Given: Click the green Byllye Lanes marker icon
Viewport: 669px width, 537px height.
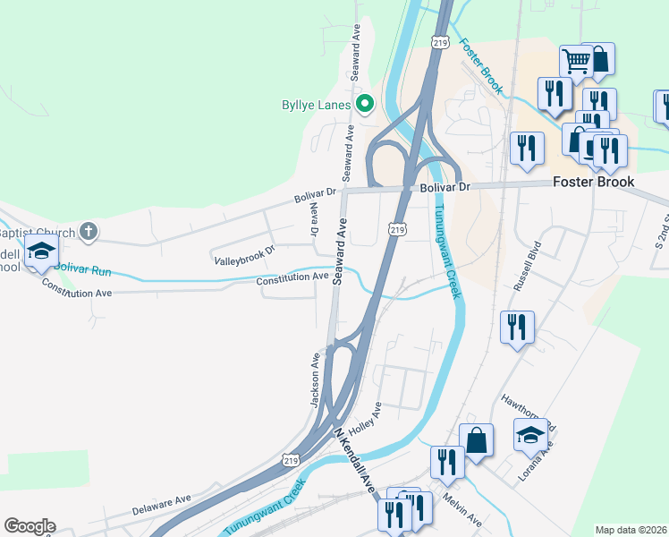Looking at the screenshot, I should tap(364, 106).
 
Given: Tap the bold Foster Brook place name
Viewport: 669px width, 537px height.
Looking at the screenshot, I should tap(593, 182).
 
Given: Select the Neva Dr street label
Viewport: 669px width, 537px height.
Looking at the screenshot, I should tap(314, 219).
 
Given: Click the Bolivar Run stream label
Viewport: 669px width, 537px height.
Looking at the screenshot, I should tap(81, 268).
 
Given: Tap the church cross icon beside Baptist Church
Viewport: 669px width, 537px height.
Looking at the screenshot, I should tap(88, 232).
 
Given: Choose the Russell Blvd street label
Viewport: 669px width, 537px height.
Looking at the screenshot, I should tap(528, 266).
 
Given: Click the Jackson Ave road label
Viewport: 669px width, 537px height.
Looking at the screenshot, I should tap(316, 379).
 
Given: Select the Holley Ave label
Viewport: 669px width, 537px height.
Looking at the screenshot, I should tap(370, 416).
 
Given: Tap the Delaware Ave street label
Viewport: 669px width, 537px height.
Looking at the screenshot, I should tap(162, 504).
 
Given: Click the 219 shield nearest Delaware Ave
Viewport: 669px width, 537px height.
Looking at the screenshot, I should tap(287, 460).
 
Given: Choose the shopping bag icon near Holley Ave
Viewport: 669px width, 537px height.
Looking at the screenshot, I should tap(476, 439).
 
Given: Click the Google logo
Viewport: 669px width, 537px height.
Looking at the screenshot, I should tap(30, 526).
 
